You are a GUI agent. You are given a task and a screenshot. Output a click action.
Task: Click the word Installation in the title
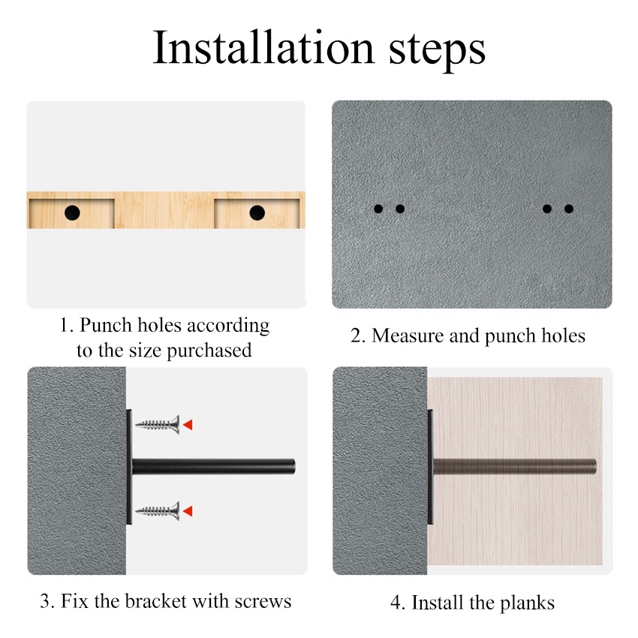[x=263, y=47]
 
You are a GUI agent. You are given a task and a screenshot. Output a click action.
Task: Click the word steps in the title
[x=438, y=52]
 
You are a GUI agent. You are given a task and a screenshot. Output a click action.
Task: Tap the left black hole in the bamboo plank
[x=72, y=212]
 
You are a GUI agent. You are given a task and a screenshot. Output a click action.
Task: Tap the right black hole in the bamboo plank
[x=257, y=212]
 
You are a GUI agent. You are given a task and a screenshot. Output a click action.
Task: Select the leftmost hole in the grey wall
[x=378, y=209]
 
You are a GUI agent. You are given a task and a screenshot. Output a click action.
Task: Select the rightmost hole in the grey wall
[x=569, y=209]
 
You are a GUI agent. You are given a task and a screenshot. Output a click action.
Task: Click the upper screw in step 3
[x=158, y=425]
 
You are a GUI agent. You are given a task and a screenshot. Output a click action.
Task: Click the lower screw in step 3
[x=158, y=511]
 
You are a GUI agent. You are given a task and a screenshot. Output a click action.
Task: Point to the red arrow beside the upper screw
[x=188, y=425]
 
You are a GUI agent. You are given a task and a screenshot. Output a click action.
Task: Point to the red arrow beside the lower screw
[x=188, y=511]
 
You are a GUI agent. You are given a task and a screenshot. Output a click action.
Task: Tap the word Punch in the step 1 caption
[x=106, y=325]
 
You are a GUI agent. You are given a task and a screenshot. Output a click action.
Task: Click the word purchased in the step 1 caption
[x=209, y=351]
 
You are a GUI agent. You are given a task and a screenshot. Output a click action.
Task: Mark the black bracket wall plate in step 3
[x=129, y=467]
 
